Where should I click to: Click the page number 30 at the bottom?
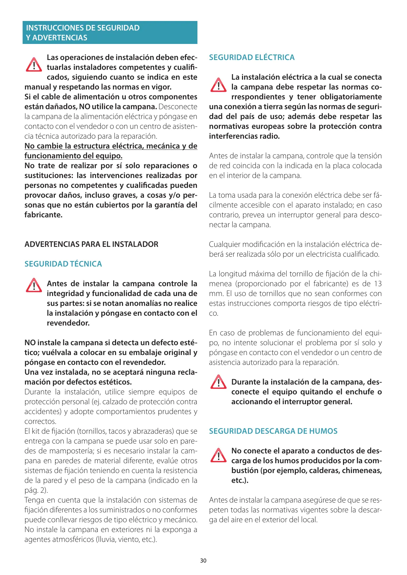203,561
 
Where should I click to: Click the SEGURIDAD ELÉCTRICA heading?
252,57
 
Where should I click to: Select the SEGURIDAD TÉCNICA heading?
63,264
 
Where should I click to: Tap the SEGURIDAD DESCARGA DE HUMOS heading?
273,431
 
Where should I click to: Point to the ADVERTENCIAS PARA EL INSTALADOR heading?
91,244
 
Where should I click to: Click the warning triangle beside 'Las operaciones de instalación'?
34,65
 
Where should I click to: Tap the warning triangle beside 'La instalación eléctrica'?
218,85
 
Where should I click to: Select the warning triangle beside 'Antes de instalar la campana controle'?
34,286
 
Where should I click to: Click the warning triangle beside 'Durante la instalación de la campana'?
218,382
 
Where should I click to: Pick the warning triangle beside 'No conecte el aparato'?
218,455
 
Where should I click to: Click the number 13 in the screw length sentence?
378,284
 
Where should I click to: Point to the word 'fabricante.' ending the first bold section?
43,215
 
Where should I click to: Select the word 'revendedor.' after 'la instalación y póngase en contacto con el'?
68,323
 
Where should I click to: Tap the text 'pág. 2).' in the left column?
36,490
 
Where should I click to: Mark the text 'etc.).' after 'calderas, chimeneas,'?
240,480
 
